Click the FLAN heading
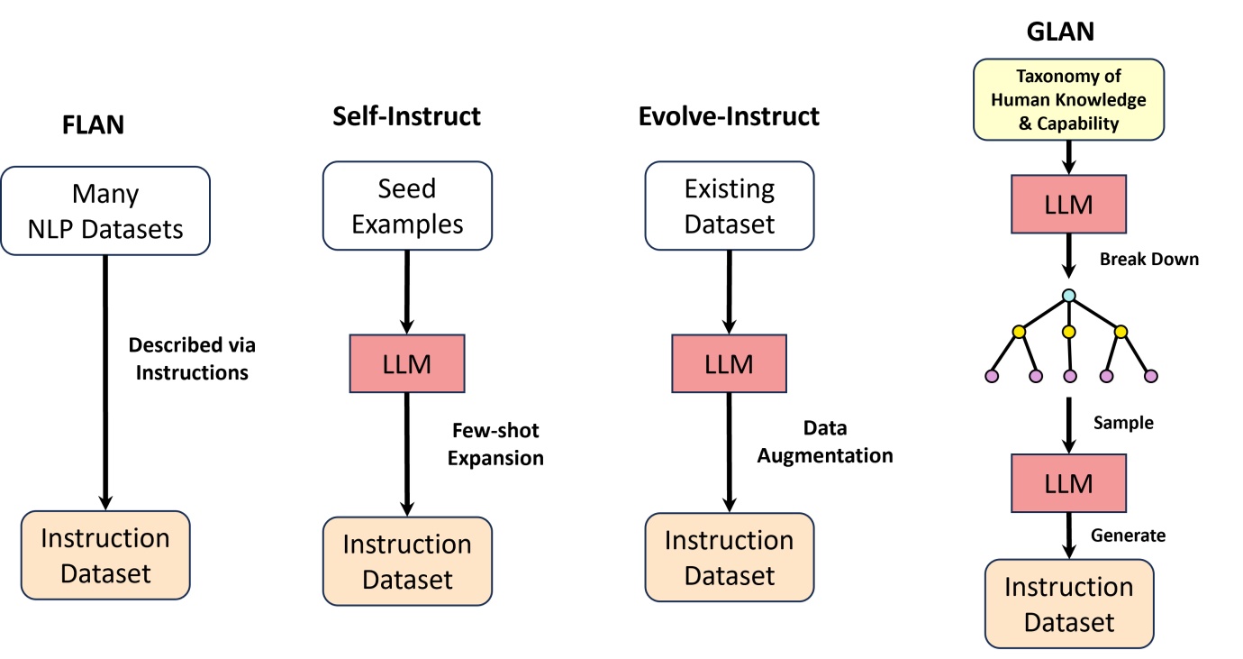pos(93,124)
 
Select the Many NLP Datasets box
pos(105,210)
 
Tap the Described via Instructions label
pos(192,358)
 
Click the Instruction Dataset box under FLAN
pos(105,554)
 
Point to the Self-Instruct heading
pos(406,116)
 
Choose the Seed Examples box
pos(407,206)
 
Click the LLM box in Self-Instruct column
pos(407,363)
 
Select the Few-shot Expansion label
pos(495,444)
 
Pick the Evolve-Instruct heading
pos(729,116)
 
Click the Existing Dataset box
pos(729,206)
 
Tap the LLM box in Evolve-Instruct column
pos(729,363)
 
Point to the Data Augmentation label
pos(824,442)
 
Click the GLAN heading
pos(1060,32)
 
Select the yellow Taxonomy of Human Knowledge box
pos(1068,99)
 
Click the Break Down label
pos(1148,259)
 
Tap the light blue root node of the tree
pos(1068,295)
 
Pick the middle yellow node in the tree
pos(1068,332)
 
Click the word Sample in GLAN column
pos(1122,422)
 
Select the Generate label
pos(1128,535)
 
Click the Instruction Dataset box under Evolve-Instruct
pos(729,557)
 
